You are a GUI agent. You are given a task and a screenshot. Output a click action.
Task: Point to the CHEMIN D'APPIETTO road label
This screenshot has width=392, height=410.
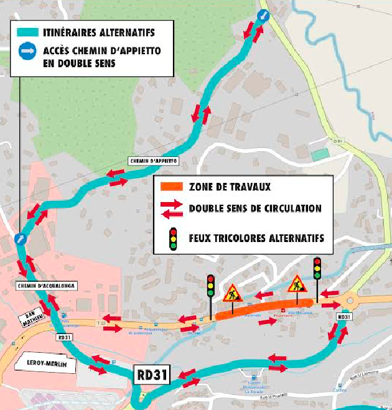[154, 161]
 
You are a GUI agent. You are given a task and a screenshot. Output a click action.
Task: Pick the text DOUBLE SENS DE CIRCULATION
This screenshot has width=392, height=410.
[255, 208]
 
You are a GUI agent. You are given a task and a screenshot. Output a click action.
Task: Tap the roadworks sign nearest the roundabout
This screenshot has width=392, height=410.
[295, 285]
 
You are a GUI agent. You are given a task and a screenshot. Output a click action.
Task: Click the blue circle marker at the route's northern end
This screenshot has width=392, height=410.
[264, 17]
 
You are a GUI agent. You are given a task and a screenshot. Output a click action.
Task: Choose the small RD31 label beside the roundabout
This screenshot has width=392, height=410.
[343, 316]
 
